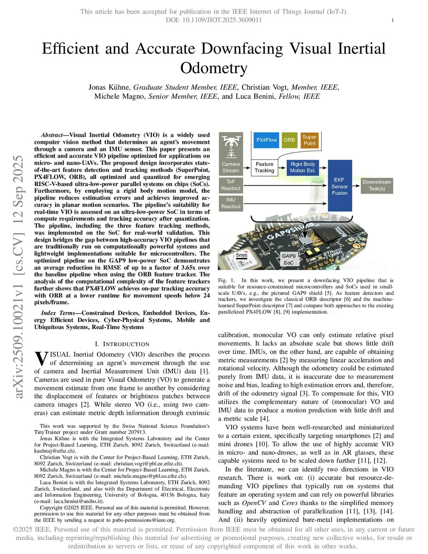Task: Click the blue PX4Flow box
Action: click(266, 140)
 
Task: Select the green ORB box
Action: click(289, 140)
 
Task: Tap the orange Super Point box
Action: click(309, 140)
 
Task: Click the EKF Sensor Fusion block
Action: click(339, 186)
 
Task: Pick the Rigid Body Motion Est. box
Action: click(303, 167)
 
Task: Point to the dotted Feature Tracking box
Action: click(264, 167)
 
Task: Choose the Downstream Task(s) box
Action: click(377, 185)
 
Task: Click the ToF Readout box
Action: click(231, 185)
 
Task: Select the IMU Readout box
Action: click(231, 203)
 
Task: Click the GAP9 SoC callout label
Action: click(288, 259)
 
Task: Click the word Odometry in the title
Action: click(214, 68)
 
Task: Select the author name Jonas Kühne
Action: click(109, 87)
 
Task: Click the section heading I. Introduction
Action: click(122, 344)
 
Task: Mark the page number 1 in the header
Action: click(392, 20)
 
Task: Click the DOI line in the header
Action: click(214, 20)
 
